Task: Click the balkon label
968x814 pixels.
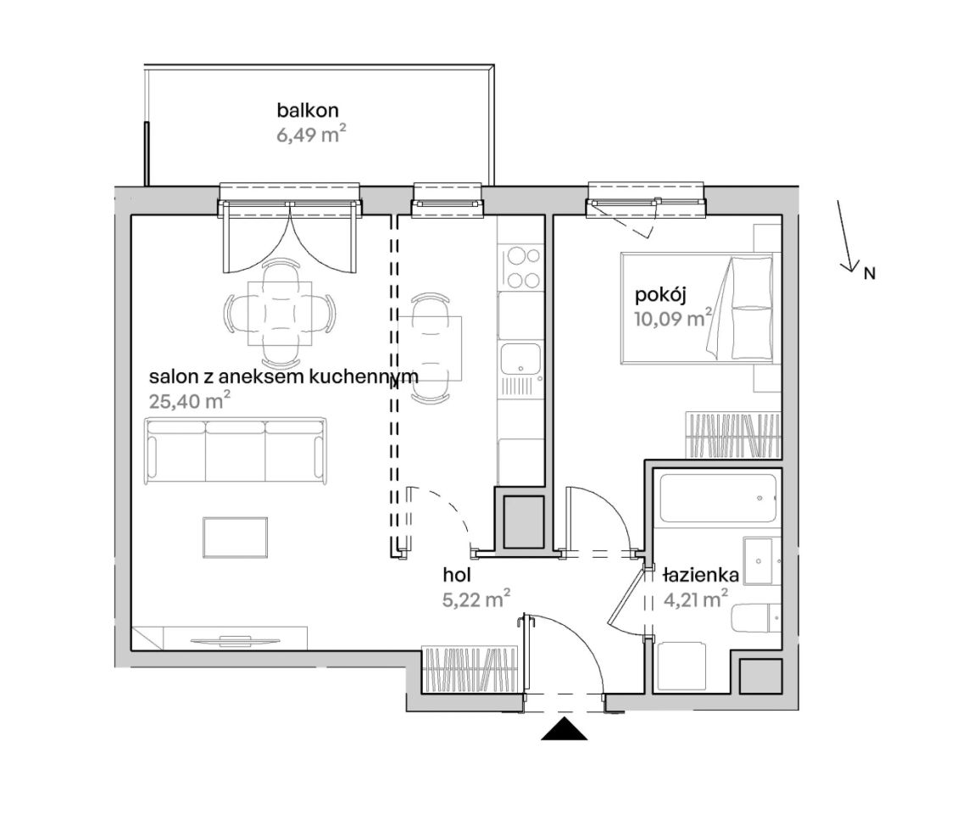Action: pos(308,110)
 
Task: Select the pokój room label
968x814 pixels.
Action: pos(661,296)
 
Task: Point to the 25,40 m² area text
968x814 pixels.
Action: pos(190,401)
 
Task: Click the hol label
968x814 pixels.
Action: pos(457,575)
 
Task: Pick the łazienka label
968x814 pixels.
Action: pos(701,575)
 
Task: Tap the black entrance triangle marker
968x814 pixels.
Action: pos(564,728)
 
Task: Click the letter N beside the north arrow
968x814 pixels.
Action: pos(869,273)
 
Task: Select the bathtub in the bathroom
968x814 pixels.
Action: pos(717,499)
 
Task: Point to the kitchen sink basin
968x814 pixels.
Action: pos(520,360)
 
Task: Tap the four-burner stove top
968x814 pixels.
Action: pos(522,267)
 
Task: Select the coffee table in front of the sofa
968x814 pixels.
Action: pos(235,538)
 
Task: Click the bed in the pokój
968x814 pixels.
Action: pos(698,308)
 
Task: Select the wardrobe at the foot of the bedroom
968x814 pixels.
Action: pos(733,436)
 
